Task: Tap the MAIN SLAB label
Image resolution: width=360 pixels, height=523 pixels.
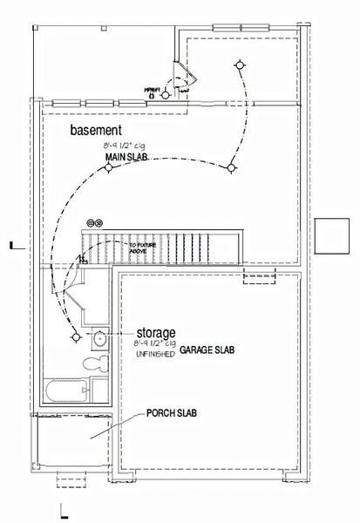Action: (126, 157)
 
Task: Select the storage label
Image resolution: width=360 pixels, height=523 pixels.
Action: (156, 333)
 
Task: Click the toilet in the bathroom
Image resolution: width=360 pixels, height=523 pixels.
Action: (98, 362)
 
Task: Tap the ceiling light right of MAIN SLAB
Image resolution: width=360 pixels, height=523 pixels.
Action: (229, 167)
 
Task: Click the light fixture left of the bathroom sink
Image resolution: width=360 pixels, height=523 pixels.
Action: (76, 336)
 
